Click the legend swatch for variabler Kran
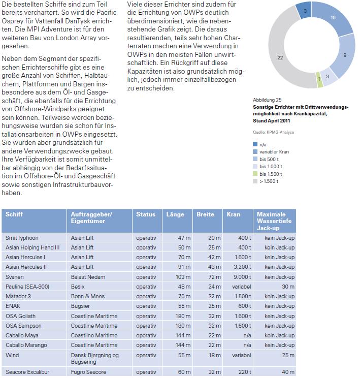point(255,152)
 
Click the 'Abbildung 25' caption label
point(268,100)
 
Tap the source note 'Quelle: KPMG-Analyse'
point(273,132)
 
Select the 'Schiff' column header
point(14,214)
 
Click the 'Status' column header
point(146,214)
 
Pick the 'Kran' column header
point(234,214)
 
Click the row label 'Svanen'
point(15,277)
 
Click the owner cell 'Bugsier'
point(81,306)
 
